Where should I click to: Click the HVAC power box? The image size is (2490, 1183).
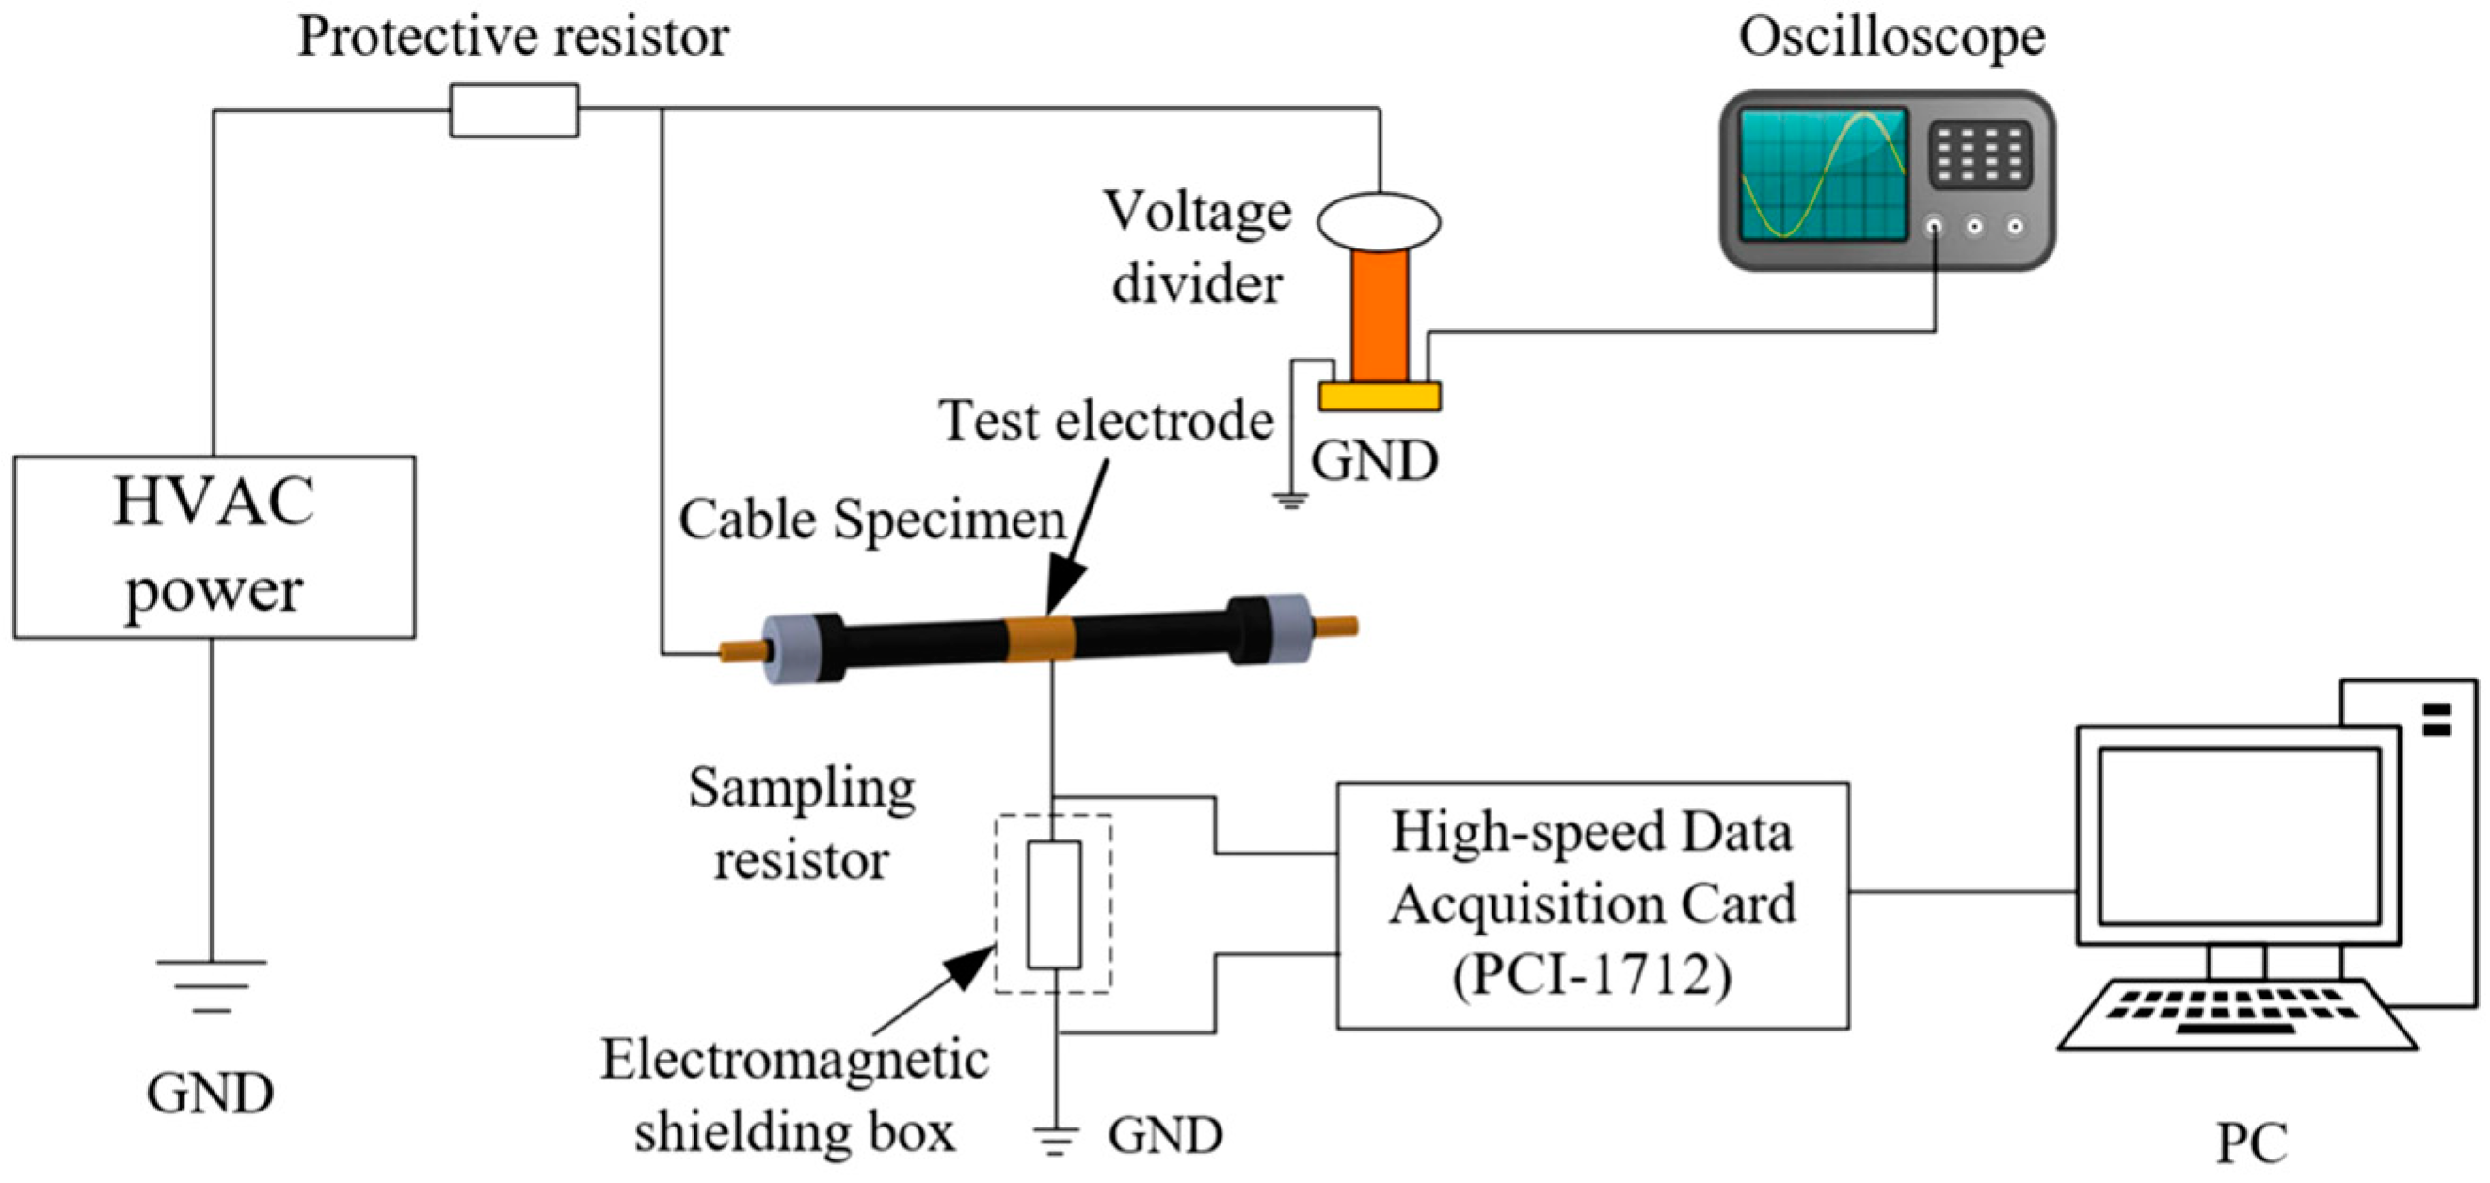pos(214,547)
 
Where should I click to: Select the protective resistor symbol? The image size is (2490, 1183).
pos(513,110)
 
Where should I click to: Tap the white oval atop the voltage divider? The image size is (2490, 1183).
pos(1379,221)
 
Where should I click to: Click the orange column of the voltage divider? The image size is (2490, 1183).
pos(1380,315)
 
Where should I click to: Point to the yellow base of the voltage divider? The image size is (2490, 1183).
pos(1380,396)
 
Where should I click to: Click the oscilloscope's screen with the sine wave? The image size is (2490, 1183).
pos(1821,174)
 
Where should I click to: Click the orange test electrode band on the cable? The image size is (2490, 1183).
pos(1041,639)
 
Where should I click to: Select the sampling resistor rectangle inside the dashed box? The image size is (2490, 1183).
pos(1054,903)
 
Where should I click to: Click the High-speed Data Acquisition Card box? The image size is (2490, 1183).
pos(1592,904)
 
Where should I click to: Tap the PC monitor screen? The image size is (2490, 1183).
pos(2239,836)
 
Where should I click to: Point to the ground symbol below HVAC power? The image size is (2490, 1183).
pos(211,986)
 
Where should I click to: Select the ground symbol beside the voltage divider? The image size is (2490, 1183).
pos(1289,501)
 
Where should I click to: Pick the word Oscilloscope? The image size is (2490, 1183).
pos(1891,39)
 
